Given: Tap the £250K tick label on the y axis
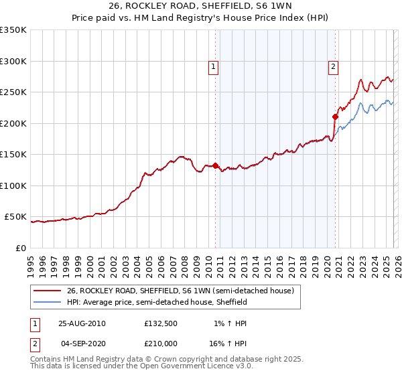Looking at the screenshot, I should (13, 92).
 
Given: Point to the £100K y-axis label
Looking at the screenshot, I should (13, 185).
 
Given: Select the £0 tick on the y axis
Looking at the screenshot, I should (20, 248).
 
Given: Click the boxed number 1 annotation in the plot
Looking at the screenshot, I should (213, 66).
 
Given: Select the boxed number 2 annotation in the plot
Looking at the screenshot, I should (332, 66).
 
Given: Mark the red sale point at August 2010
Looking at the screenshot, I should (215, 165).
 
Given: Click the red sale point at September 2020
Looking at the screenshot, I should (335, 117).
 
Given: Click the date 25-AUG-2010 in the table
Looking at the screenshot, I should (82, 323).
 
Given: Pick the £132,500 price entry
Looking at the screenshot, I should (160, 323).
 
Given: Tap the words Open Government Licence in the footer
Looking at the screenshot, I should (182, 367).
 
